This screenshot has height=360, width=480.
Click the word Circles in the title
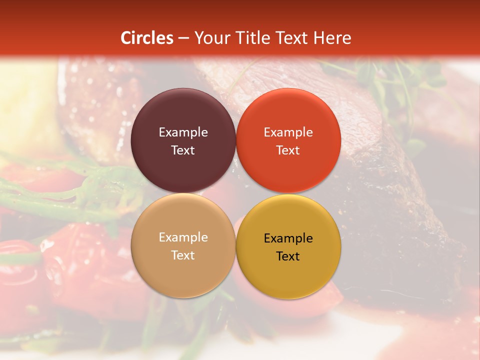point(147,38)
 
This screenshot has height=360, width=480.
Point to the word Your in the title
point(210,38)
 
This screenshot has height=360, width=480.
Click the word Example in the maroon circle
point(183,132)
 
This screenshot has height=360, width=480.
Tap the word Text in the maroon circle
point(183,150)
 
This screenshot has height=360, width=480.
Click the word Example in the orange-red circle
point(288,132)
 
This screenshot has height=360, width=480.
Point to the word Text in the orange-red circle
point(288,150)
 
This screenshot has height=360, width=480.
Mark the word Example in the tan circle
point(183,237)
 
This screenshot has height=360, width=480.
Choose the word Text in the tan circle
point(183,255)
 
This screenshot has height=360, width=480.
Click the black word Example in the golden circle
point(288,238)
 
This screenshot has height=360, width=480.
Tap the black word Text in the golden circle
point(288,256)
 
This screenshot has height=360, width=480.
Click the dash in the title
point(183,38)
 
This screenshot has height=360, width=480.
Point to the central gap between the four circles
point(235,193)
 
